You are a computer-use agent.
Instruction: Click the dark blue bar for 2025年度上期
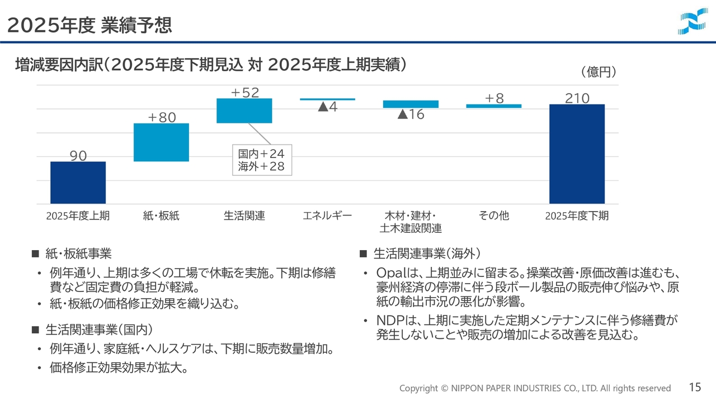pyautogui.click(x=78, y=183)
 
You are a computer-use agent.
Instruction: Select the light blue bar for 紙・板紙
pyautogui.click(x=161, y=142)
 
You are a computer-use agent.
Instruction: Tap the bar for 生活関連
pyautogui.click(x=244, y=111)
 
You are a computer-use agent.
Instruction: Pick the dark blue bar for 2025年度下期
pyautogui.click(x=577, y=154)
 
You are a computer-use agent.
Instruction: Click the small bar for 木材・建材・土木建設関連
pyautogui.click(x=411, y=104)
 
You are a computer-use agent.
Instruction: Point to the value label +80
pyautogui.click(x=162, y=117)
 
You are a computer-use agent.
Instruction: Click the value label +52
pyautogui.click(x=245, y=93)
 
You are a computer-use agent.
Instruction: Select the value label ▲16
pyautogui.click(x=411, y=114)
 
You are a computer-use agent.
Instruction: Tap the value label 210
pyautogui.click(x=577, y=98)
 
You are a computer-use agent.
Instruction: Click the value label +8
pyautogui.click(x=494, y=98)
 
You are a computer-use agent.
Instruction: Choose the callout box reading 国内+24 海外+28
pyautogui.click(x=262, y=160)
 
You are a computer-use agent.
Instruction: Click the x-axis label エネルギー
pyautogui.click(x=327, y=216)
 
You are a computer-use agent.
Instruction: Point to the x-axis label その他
pyautogui.click(x=494, y=216)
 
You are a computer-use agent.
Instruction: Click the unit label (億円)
pyautogui.click(x=599, y=72)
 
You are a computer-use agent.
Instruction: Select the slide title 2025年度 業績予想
pyautogui.click(x=89, y=25)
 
